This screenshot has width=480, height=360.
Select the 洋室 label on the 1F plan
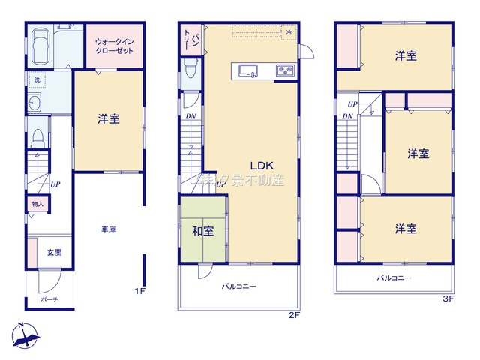click(107, 118)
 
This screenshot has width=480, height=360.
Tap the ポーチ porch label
click(49, 299)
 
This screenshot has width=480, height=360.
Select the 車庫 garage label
click(107, 229)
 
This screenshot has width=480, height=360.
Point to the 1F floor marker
click(139, 292)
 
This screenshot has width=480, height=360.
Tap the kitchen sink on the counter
click(249, 71)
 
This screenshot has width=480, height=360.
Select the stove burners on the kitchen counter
click(285, 71)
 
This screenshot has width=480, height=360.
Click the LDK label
click(261, 166)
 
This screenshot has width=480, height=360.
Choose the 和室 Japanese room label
click(202, 231)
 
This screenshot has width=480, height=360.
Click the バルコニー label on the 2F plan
click(238, 286)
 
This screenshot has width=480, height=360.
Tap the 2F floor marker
click(294, 315)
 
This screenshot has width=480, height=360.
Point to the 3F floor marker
click(448, 298)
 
